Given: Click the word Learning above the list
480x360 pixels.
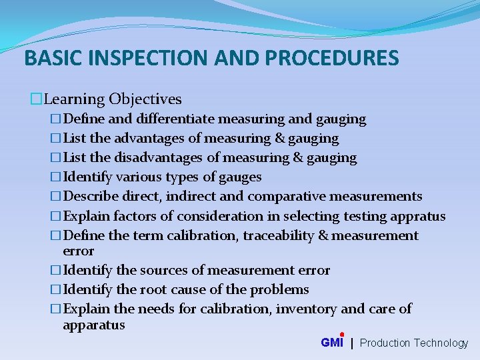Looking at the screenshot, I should (x=73, y=99).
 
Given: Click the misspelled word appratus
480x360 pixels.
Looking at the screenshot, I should (x=419, y=216).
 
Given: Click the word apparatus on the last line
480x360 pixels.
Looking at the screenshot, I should (x=93, y=325).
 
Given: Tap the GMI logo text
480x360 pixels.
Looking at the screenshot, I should (x=331, y=343).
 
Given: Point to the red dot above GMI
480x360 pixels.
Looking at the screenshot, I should (x=342, y=335).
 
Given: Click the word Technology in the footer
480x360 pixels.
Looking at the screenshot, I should (x=441, y=343).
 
